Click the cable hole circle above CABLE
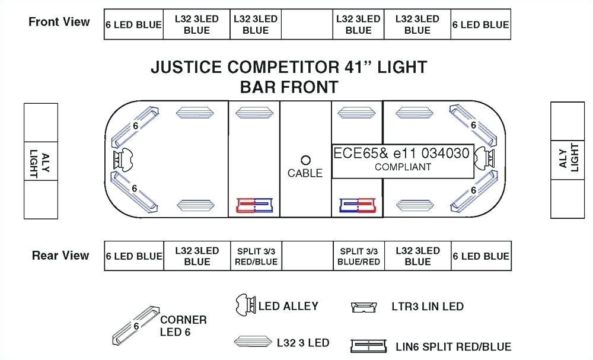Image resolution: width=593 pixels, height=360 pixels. click(x=306, y=160)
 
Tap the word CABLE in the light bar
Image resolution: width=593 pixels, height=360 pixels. click(x=305, y=173)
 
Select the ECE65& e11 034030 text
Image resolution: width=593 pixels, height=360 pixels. click(x=401, y=154)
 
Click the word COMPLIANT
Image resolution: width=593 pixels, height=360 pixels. click(x=403, y=167)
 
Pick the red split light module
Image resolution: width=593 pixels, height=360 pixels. click(x=254, y=205)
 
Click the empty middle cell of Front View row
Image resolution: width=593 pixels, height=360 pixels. click(x=307, y=24)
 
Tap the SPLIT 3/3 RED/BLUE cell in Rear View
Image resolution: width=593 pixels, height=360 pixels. click(x=256, y=256)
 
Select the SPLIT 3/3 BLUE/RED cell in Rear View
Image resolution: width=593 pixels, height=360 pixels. click(x=358, y=256)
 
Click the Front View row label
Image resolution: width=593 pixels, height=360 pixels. click(x=59, y=23)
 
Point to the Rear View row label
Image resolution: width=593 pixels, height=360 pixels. click(x=60, y=256)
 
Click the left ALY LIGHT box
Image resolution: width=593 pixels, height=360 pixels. click(x=41, y=160)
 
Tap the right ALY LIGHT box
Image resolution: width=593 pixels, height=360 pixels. click(x=568, y=160)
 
